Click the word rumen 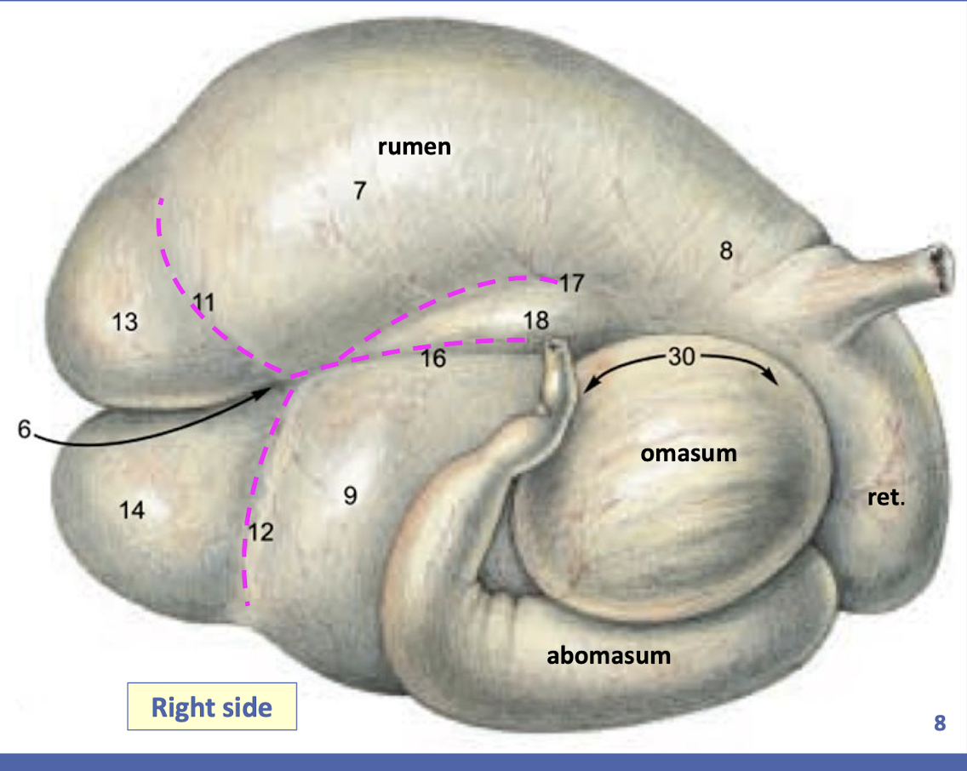click(x=414, y=147)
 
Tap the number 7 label click(x=360, y=191)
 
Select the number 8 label click(x=725, y=252)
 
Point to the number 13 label click(x=125, y=322)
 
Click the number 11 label click(x=204, y=301)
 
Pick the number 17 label click(x=572, y=283)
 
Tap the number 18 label click(x=536, y=320)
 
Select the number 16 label click(x=433, y=359)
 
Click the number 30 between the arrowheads click(x=682, y=357)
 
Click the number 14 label click(x=132, y=511)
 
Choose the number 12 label click(x=261, y=533)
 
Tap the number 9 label click(x=350, y=495)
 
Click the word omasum click(x=689, y=454)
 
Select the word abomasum click(x=609, y=656)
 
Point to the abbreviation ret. click(x=885, y=497)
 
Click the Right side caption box click(x=212, y=707)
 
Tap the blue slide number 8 click(x=940, y=724)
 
